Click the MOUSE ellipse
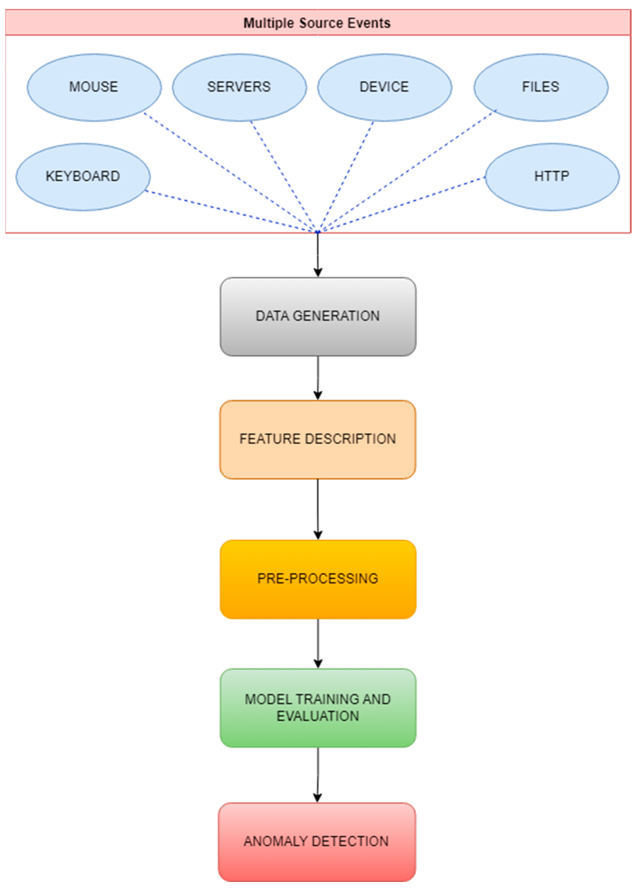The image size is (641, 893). point(94,87)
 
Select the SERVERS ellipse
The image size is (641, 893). point(239,87)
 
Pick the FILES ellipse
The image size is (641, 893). point(540,87)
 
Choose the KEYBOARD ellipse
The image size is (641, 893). point(83,176)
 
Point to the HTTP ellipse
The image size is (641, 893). point(551,176)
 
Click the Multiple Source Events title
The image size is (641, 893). point(317,23)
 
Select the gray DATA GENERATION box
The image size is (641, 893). point(318,316)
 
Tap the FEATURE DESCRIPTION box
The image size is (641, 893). point(318,439)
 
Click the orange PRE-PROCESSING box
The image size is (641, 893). point(318,579)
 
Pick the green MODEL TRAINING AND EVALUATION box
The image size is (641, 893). point(318,708)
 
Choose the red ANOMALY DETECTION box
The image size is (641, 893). point(317,841)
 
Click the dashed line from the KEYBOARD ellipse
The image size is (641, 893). point(229,211)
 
